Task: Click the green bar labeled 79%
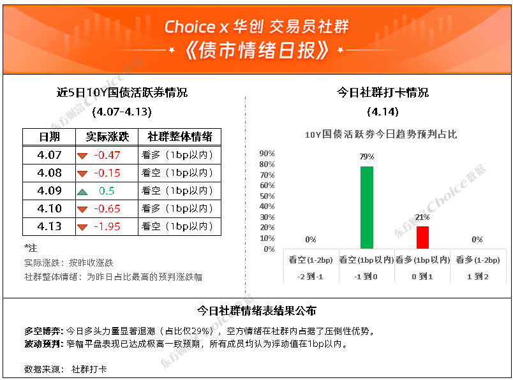(x=366, y=208)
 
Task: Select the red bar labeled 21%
(x=422, y=237)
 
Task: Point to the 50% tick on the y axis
(x=267, y=196)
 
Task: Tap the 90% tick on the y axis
(x=267, y=154)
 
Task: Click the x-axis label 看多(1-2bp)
(x=478, y=260)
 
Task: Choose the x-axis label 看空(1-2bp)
(x=311, y=260)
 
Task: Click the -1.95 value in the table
(x=107, y=226)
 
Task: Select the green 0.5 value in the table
(x=107, y=191)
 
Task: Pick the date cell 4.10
(x=49, y=208)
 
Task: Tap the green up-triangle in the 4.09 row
(x=82, y=192)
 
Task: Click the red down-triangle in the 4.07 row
(x=82, y=156)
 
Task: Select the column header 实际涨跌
(x=107, y=136)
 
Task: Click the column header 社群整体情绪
(x=180, y=136)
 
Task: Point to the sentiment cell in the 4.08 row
(x=177, y=173)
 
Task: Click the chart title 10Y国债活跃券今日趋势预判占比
(x=381, y=134)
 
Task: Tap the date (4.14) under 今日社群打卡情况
(x=383, y=112)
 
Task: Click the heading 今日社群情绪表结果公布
(x=256, y=311)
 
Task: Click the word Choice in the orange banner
(x=190, y=27)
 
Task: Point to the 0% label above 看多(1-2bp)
(x=477, y=239)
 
